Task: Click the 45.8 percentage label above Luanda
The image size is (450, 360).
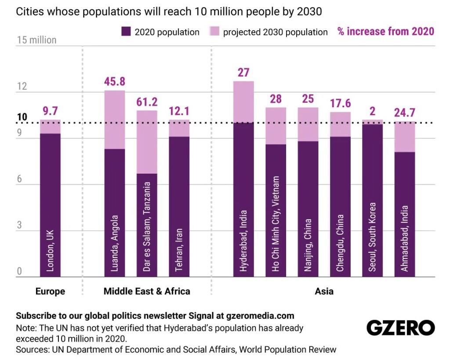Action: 114,81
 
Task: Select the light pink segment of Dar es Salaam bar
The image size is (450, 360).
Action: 147,142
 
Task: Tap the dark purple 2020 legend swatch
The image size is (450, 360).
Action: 126,32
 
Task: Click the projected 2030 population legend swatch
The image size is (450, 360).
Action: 214,32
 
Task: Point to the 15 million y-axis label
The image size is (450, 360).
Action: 36,40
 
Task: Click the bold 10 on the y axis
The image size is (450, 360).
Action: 22,117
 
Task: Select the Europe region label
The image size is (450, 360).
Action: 50,291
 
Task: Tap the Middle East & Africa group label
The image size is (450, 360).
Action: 147,291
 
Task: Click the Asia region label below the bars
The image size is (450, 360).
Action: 324,291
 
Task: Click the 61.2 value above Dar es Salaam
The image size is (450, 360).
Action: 147,102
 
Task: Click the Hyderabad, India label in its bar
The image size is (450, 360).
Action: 243,241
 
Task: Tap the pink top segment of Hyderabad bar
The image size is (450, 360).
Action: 243,102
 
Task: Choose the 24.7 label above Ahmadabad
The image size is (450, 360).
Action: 405,113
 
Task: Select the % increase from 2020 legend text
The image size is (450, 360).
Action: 385,31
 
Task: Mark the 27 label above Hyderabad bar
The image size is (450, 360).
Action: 243,72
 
